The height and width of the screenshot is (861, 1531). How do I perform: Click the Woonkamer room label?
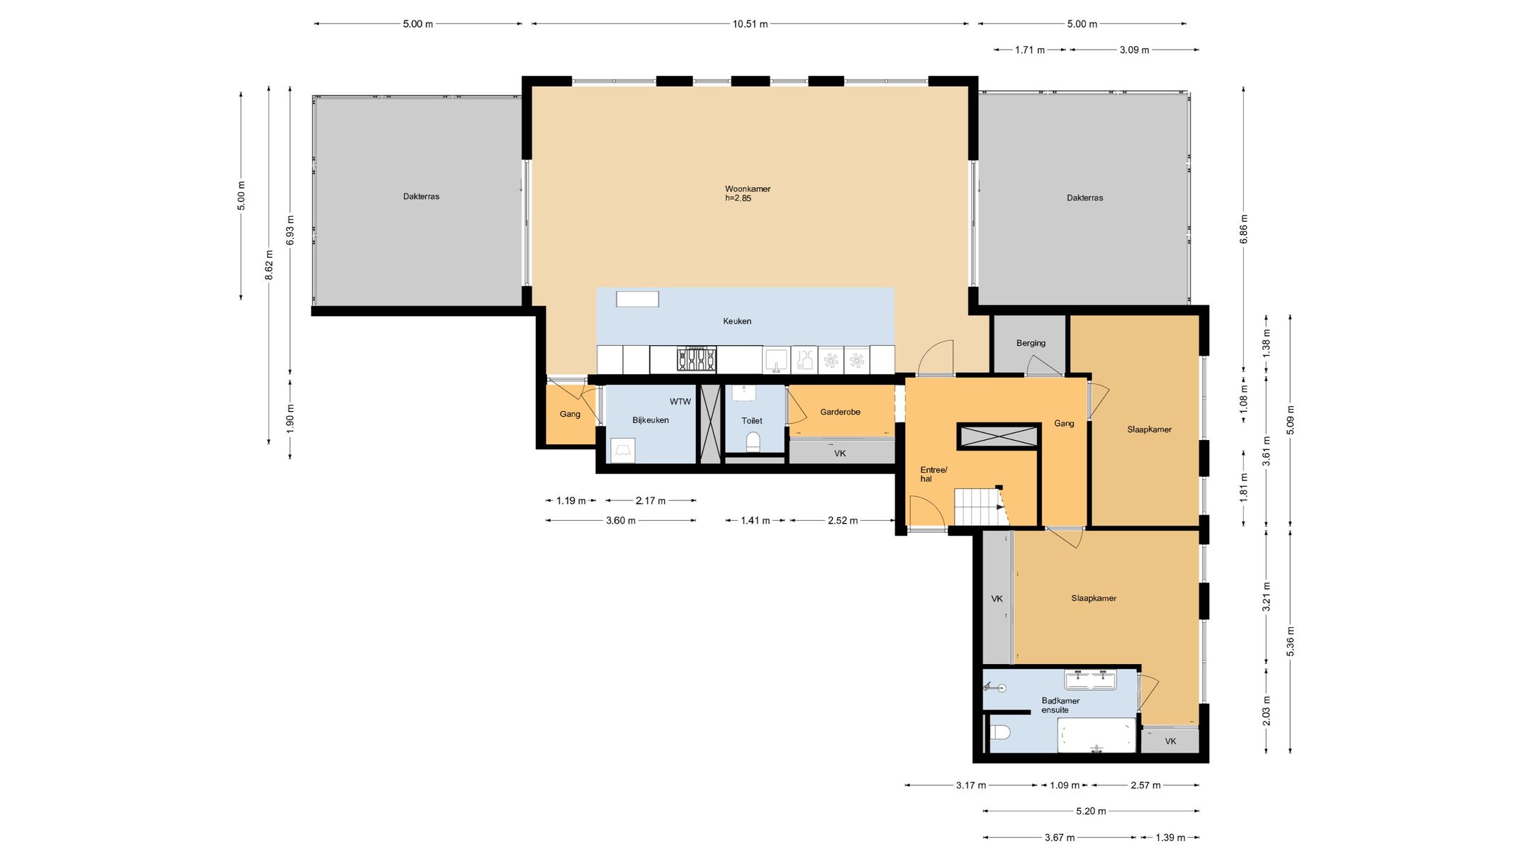point(747,189)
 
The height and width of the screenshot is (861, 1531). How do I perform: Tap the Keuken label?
point(737,321)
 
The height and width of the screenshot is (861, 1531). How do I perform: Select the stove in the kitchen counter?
point(696,359)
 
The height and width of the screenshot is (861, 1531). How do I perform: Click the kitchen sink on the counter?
point(776,360)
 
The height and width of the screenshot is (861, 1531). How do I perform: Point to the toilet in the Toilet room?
point(753,441)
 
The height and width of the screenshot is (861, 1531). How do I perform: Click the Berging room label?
point(1031,343)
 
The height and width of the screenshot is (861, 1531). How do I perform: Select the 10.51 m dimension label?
point(750,24)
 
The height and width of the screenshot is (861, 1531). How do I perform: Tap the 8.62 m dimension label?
point(269,265)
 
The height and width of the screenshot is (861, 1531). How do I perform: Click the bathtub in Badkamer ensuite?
point(1097,735)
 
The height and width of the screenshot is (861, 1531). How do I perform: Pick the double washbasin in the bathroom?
point(1090,680)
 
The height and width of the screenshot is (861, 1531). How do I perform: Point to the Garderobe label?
point(840,412)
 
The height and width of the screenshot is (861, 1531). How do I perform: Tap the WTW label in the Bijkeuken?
point(680,402)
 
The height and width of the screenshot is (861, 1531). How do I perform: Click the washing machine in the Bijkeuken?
point(622,451)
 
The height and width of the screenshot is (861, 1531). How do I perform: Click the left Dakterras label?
point(421,196)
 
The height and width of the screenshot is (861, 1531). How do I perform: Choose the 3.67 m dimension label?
point(1060,838)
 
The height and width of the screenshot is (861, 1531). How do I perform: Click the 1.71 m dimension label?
point(1030,50)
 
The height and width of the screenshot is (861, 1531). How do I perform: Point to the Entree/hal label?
point(933,474)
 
